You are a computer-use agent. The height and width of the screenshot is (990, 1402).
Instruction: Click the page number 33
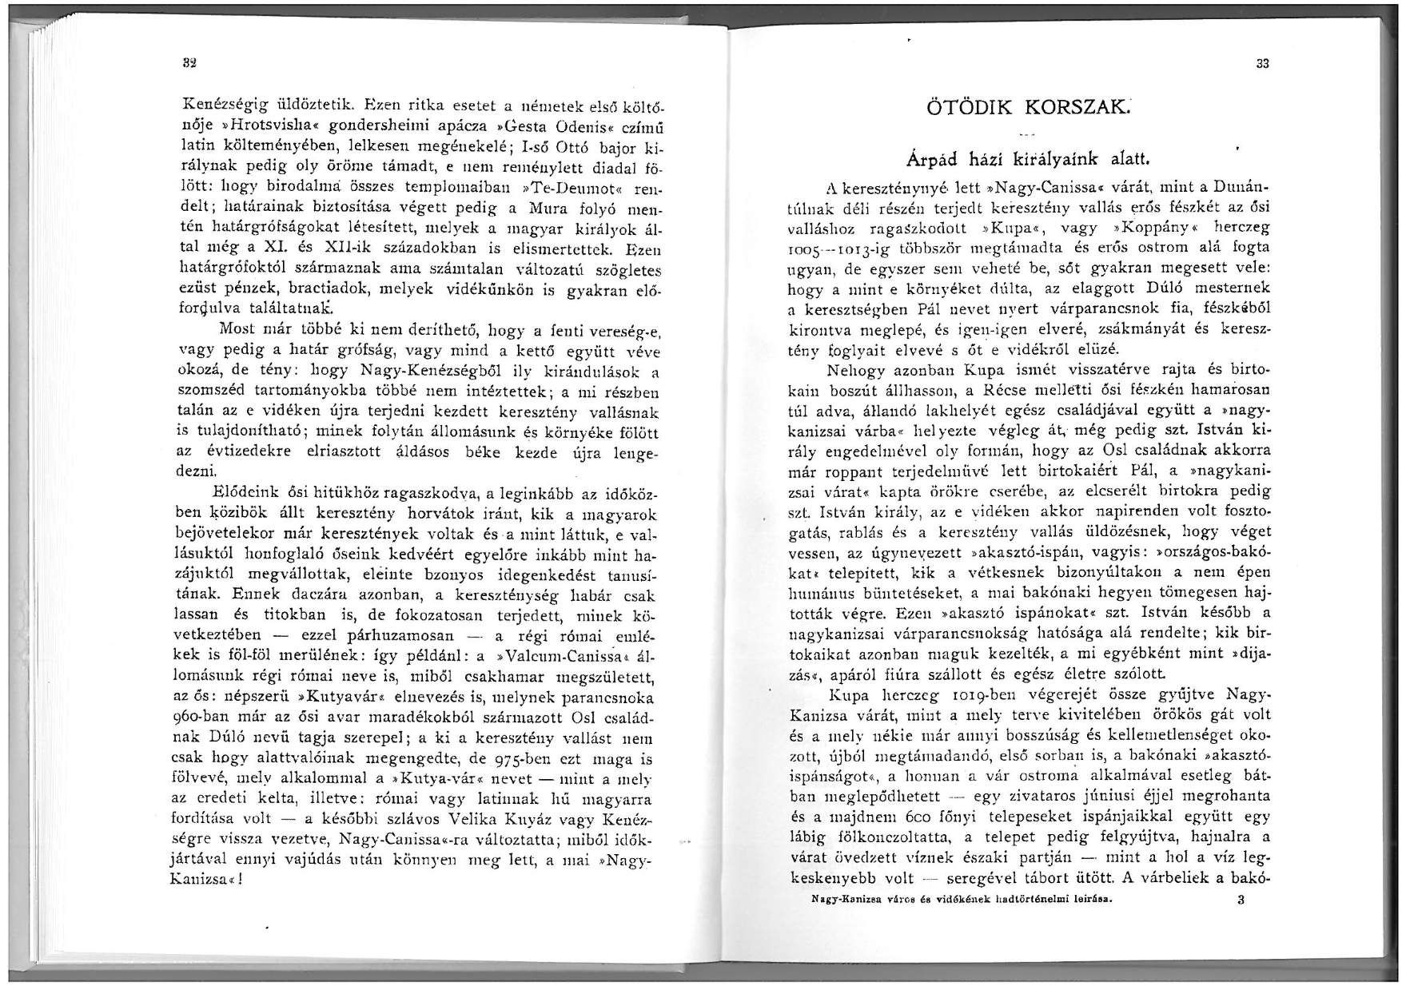pyautogui.click(x=1263, y=65)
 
